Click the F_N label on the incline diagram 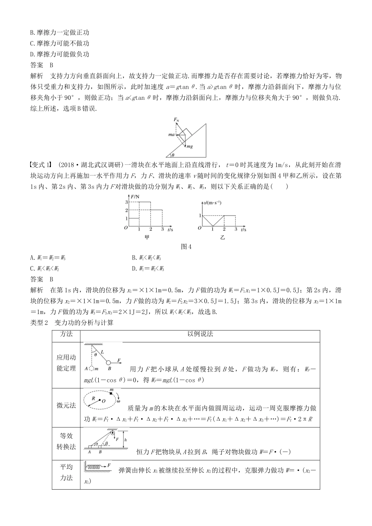[176, 119]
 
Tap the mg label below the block [190, 146]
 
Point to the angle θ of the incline [173, 155]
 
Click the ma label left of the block [171, 135]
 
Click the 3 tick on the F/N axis [126, 202]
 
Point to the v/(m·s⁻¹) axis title [212, 202]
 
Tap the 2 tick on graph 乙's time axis [224, 230]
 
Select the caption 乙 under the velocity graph [223, 237]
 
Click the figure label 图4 [186, 247]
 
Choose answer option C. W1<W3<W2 [45, 268]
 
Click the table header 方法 [66, 334]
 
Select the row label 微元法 [66, 405]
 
